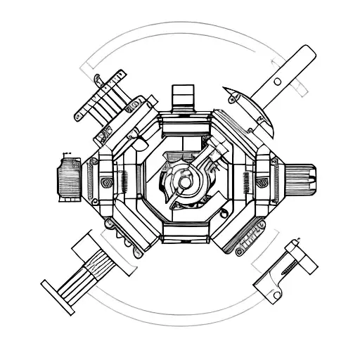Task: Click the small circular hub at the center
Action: click(185, 181)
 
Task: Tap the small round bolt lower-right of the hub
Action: click(196, 196)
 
